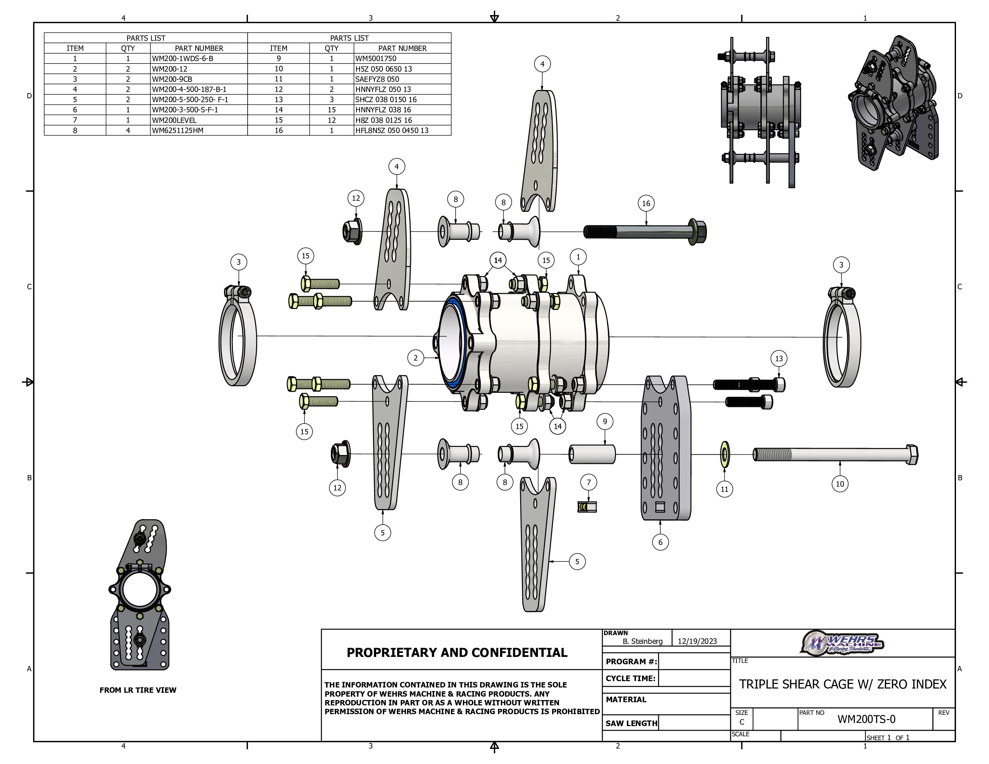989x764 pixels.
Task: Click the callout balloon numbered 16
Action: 646,203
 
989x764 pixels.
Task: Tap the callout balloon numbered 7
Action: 589,482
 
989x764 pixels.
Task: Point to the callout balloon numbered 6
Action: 660,542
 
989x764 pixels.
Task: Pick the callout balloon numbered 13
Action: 779,358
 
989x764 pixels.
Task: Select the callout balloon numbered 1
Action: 578,257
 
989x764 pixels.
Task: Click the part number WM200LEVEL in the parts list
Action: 174,120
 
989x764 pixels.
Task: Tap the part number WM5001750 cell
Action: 376,58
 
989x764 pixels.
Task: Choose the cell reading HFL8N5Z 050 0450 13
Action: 392,130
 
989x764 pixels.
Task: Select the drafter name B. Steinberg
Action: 643,641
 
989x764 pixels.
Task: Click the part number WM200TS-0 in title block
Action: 866,719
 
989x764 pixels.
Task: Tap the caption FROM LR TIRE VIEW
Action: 138,690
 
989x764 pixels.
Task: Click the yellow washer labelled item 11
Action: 725,454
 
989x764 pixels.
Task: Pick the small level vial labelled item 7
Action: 587,507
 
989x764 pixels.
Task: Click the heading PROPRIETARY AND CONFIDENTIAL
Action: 457,652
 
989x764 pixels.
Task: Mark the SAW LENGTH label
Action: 631,723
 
